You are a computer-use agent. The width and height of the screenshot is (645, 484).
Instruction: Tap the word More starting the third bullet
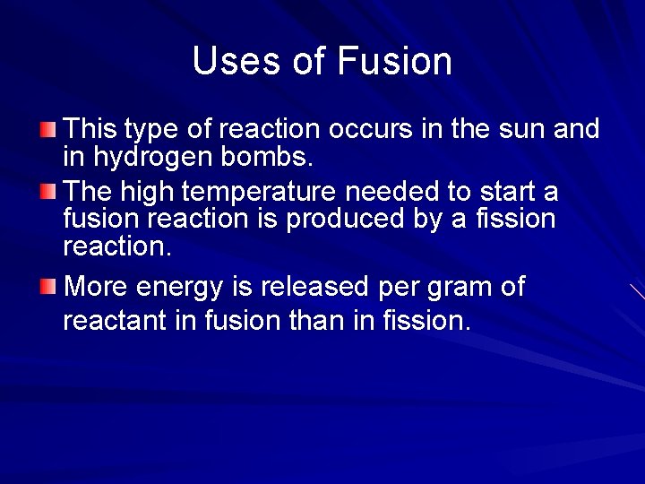click(x=94, y=287)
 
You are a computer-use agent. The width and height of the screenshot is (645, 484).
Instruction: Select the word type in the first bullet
click(x=151, y=131)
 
